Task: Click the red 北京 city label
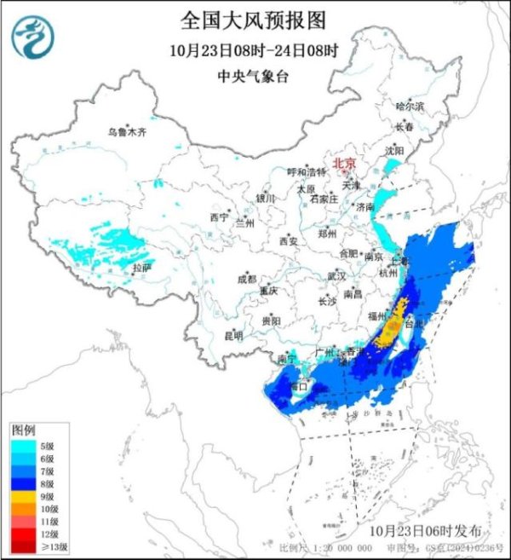click(343, 162)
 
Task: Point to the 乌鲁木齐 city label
click(128, 132)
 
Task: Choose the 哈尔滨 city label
click(410, 106)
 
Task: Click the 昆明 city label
click(233, 335)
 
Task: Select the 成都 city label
click(247, 277)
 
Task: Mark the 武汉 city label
click(336, 276)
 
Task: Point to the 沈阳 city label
click(394, 150)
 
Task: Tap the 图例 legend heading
click(21, 428)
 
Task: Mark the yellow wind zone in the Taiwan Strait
click(393, 330)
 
